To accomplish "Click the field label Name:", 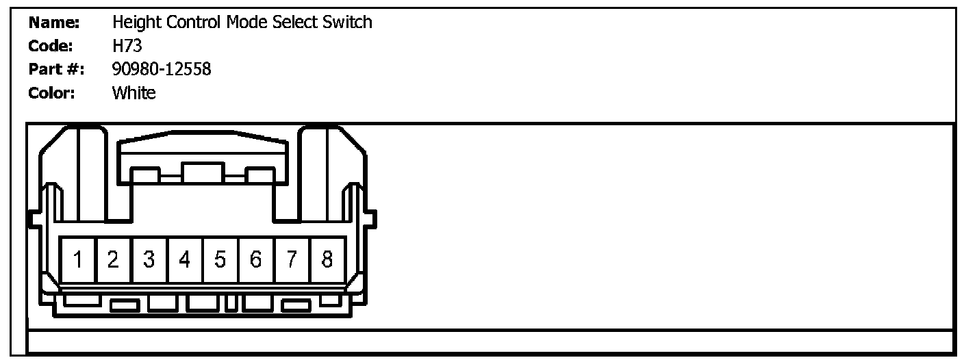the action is pos(54,23).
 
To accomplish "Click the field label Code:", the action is pos(51,46).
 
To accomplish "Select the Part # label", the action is pos(55,69).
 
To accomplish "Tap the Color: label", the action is pos(52,92).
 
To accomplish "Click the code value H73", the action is pos(127,46).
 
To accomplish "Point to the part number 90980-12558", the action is pos(162,69).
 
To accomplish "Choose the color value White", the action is pos(134,92).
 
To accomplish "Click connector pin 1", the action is pos(78,260).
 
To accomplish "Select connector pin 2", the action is pos(114,260).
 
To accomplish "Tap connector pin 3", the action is pos(149,260).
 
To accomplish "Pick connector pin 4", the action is pos(185,260).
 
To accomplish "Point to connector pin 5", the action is pos(220,260).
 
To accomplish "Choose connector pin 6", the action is pos(256,260).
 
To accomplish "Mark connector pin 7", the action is pos(292,260).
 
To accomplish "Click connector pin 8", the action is pos(327,260).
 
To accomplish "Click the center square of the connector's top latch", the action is pos(203,172).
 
